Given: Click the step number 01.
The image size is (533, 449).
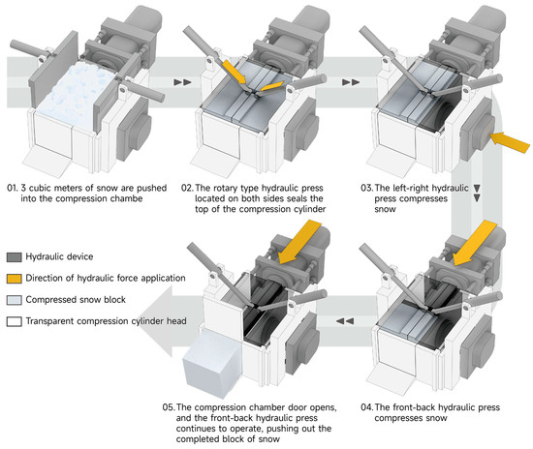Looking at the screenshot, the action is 12,188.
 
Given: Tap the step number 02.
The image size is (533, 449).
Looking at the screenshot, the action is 187,188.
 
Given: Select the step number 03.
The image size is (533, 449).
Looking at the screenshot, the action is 366,188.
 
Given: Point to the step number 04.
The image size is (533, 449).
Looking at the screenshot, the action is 366,407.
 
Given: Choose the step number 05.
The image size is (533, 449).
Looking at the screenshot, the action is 169,407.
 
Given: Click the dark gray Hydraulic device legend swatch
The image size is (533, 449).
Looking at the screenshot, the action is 15,256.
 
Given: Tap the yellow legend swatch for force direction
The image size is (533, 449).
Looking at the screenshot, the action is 15,279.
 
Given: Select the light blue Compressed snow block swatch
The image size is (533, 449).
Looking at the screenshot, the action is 15,300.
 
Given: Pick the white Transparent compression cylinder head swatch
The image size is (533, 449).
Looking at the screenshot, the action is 15,321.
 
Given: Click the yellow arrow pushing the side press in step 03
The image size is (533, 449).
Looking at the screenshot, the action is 510,141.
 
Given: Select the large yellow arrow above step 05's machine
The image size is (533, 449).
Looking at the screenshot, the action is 299,242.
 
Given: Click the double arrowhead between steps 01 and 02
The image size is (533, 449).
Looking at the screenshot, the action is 182,82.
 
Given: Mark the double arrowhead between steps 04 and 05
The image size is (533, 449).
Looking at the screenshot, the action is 345,320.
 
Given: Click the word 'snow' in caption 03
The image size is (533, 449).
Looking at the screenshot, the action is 385,209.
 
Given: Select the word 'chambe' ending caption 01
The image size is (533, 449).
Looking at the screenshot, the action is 127,198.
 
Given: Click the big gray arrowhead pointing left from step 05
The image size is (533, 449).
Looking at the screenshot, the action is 155,320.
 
